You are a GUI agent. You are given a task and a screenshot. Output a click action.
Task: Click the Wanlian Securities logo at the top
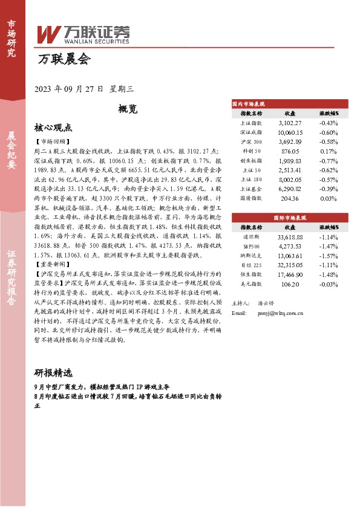[x=83, y=34]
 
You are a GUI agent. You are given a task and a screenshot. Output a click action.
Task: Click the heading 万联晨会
[x=64, y=59]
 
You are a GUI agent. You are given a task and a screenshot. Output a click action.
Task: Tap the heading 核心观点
[x=53, y=128]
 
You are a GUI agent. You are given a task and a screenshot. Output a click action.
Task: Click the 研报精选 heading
[x=53, y=372]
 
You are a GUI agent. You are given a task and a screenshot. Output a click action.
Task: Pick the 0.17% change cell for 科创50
[x=327, y=151]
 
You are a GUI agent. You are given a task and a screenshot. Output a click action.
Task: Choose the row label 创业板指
[x=251, y=160]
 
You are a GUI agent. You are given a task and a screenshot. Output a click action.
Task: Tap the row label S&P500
[x=251, y=246]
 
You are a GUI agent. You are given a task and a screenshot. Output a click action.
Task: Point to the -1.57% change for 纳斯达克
[x=327, y=255]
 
